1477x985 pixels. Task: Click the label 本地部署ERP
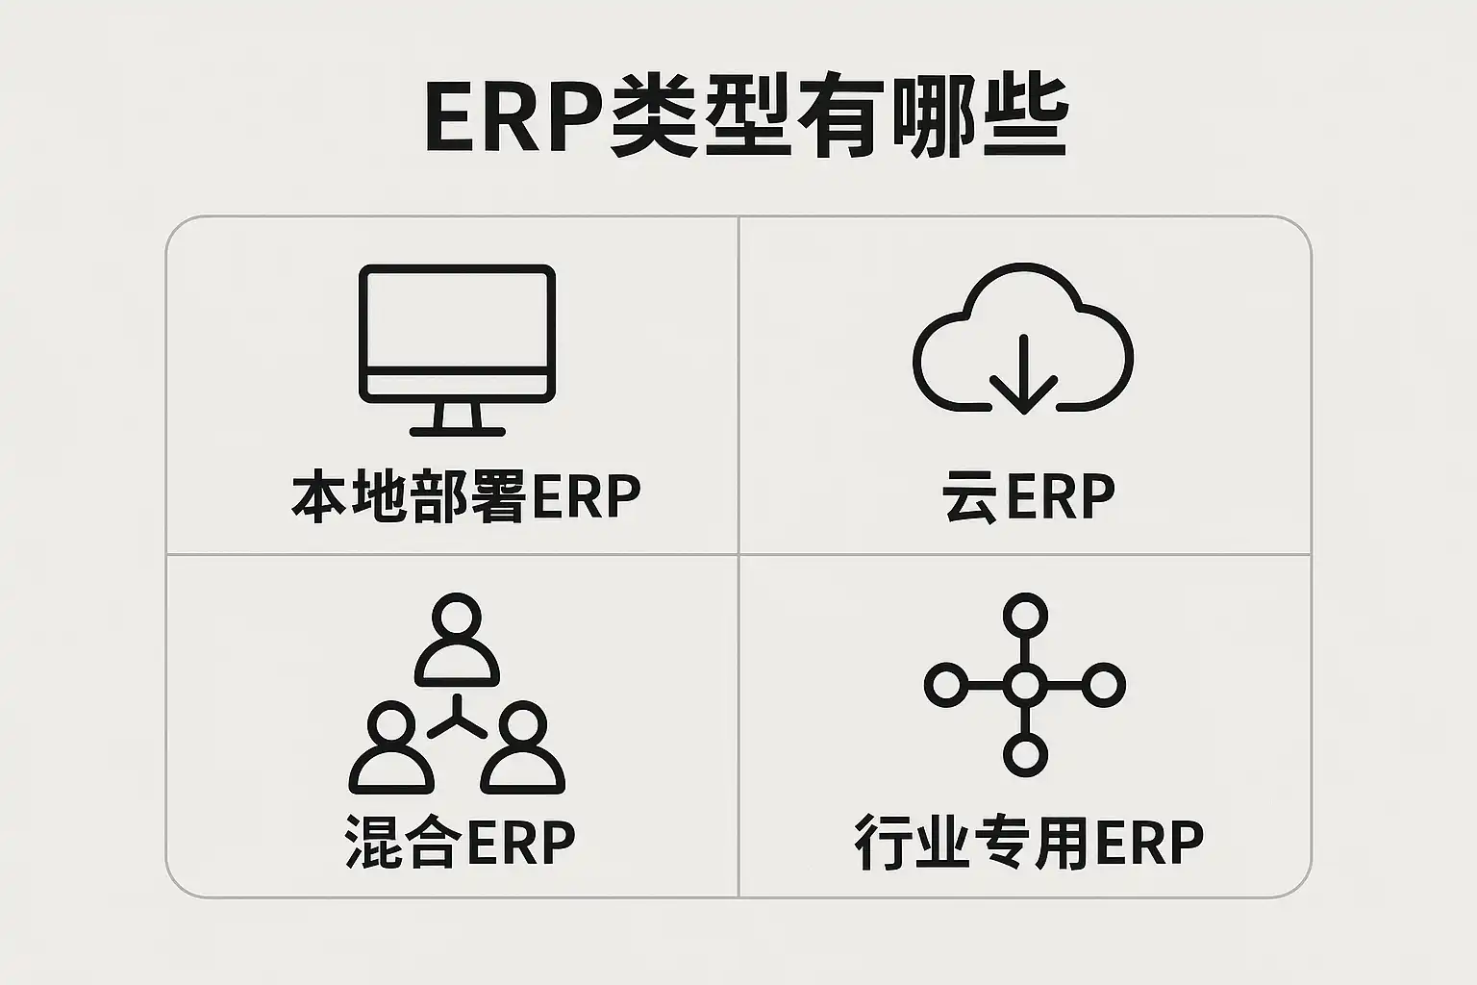click(465, 496)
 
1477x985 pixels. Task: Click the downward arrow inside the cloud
click(1023, 375)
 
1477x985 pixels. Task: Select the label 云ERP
click(1028, 496)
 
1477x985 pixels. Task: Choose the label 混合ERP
click(461, 842)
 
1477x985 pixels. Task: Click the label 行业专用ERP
click(1029, 842)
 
